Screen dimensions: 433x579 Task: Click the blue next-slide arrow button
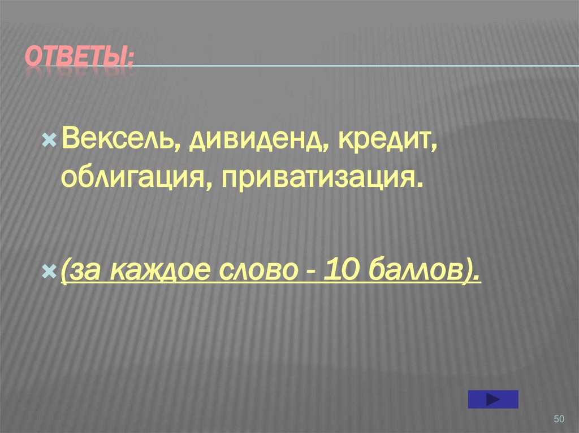point(493,399)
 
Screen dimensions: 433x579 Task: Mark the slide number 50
point(559,418)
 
